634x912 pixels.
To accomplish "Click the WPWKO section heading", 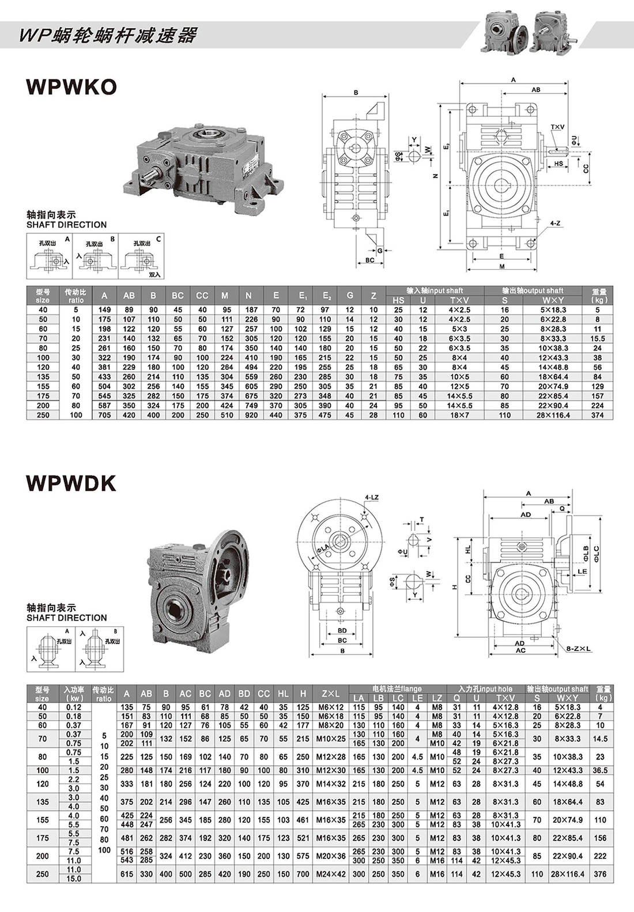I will click(71, 86).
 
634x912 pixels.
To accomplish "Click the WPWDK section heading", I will click(71, 483).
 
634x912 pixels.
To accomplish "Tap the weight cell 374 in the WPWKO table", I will click(597, 415).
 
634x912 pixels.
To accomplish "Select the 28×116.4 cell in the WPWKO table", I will click(553, 415).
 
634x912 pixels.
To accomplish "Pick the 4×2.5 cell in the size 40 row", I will click(459, 310).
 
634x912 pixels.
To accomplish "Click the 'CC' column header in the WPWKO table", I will click(202, 296).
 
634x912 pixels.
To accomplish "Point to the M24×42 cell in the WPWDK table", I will click(331, 874).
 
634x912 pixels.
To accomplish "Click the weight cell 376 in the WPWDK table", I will click(600, 874).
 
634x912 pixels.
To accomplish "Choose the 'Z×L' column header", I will click(331, 694).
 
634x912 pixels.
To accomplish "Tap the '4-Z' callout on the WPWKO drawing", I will click(556, 222).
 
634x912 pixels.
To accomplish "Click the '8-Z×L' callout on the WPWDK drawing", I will click(579, 649).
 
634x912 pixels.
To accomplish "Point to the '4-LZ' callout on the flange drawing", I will click(372, 497).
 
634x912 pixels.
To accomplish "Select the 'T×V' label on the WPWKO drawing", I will click(557, 127).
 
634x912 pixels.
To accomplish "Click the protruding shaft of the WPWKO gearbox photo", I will click(151, 174).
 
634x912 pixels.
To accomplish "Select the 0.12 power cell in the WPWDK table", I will click(74, 707).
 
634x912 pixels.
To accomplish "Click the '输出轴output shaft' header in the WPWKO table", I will click(532, 290).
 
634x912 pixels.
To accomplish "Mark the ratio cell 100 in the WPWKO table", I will click(76, 415).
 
